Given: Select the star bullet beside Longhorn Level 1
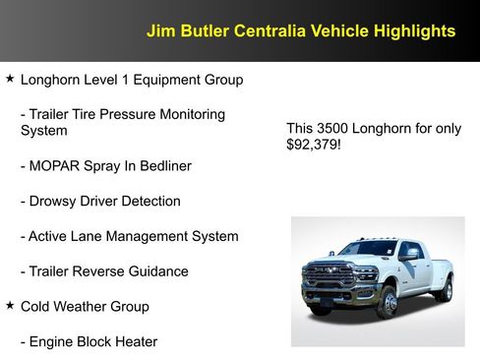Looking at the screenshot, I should tap(10, 78).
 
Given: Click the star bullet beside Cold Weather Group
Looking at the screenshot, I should tap(10, 306).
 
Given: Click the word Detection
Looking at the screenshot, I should tap(150, 202).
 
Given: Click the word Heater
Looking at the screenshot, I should tap(133, 342).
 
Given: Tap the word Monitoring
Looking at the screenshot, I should tap(188, 114).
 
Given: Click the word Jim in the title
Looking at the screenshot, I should tap(158, 31).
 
